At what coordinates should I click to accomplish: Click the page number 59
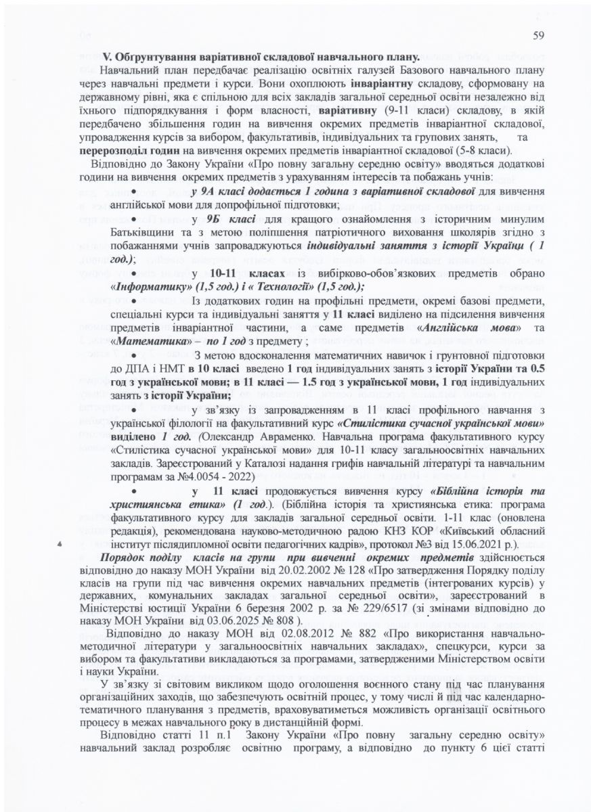coord(539,35)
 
